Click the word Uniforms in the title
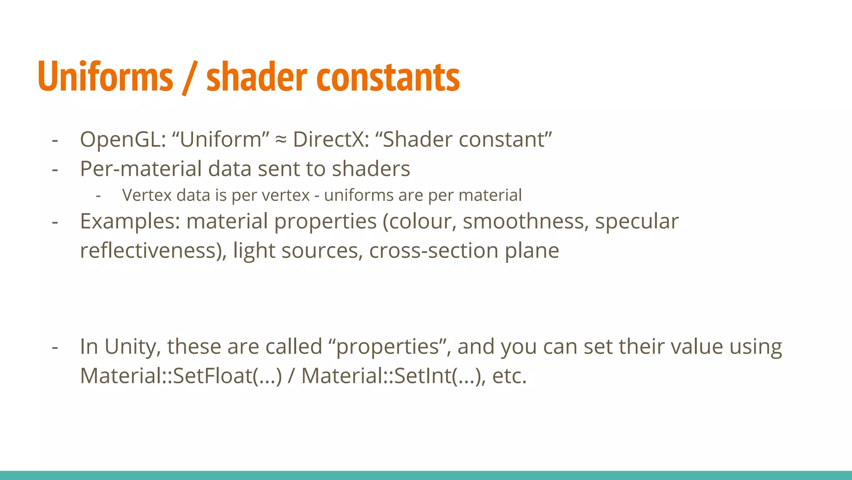point(105,77)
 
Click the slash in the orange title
point(189,78)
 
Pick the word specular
point(637,222)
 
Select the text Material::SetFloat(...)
point(181,376)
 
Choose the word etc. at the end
point(509,376)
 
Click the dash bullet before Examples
point(55,222)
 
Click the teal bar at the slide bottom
point(426,475)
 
